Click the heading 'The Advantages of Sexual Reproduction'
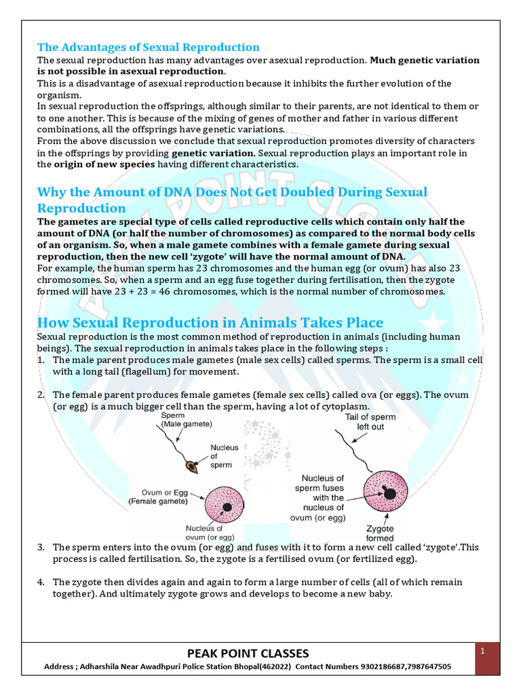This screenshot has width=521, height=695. click(x=148, y=47)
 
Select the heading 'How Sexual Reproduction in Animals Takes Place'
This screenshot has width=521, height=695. click(x=210, y=322)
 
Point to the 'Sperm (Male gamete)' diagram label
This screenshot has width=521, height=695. click(x=187, y=419)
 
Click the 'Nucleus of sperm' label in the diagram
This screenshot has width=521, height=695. click(x=224, y=456)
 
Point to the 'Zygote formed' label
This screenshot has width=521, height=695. click(x=380, y=533)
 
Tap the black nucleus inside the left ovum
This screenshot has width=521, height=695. click(x=227, y=507)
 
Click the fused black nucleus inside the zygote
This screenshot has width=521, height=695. click(x=389, y=493)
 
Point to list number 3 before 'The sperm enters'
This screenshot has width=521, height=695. click(x=41, y=547)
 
